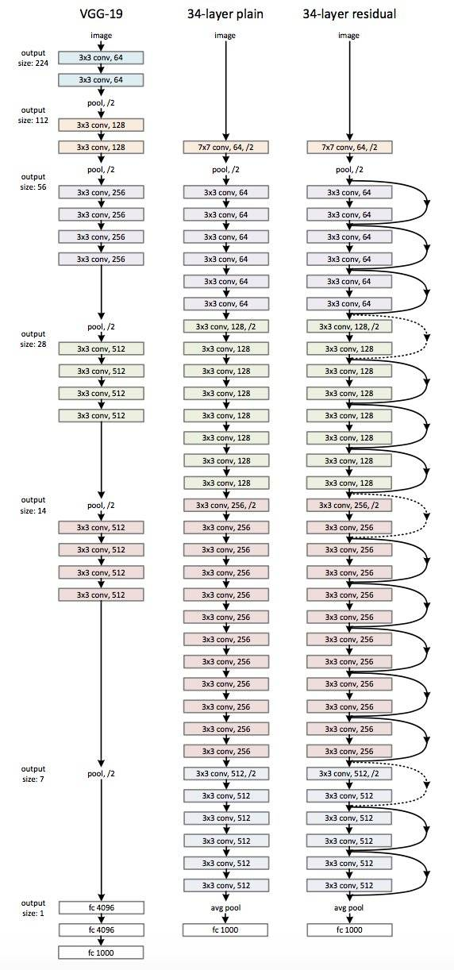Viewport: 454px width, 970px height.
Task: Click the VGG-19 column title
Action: (101, 13)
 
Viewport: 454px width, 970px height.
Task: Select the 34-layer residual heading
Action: (349, 13)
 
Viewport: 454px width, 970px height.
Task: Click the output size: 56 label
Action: (34, 170)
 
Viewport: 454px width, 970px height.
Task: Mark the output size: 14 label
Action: (34, 505)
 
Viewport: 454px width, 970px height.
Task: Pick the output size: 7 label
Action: (34, 773)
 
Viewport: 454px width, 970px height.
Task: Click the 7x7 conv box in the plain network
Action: (225, 147)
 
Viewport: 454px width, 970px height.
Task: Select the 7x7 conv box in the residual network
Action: (349, 147)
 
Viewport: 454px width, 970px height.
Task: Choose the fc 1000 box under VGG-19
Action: (101, 952)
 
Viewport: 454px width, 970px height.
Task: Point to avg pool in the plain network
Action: (225, 907)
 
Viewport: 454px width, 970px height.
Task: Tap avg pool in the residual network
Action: (349, 907)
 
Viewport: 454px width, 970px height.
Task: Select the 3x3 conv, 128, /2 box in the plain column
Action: (225, 326)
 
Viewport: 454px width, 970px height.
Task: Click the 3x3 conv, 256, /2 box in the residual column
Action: (349, 505)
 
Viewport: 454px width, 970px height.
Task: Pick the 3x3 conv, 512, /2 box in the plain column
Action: (225, 773)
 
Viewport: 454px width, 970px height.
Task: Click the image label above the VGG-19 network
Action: (101, 36)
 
